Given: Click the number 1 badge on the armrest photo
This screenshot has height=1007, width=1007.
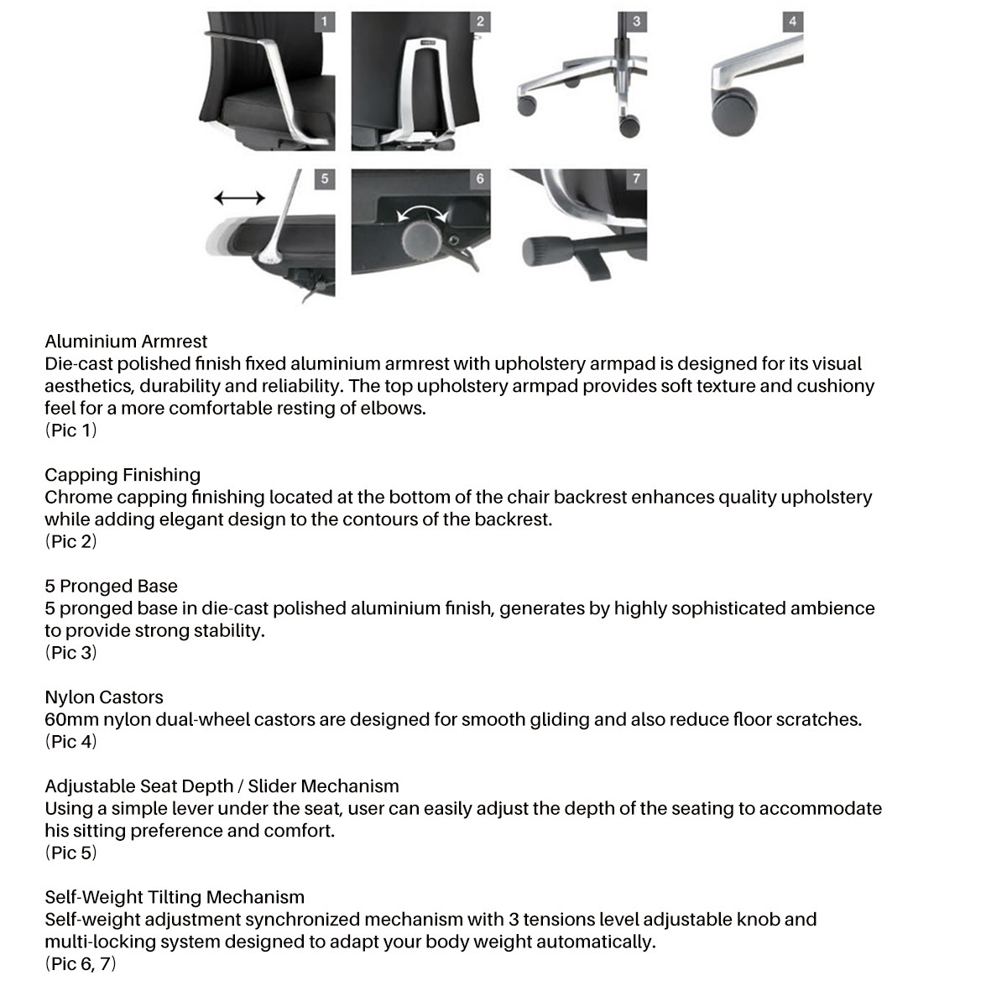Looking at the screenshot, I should tap(325, 22).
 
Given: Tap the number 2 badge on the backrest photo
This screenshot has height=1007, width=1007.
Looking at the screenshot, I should tap(480, 22).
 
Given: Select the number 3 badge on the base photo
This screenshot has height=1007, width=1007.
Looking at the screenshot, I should tap(636, 22).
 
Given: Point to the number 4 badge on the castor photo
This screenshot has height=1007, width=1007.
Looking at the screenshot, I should tap(792, 22).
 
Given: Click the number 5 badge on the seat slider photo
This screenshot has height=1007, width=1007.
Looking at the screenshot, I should tap(325, 179).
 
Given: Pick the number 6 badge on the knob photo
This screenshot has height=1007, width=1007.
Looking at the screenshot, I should tap(480, 179).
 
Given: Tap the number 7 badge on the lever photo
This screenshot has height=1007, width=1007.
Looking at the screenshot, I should tap(636, 179).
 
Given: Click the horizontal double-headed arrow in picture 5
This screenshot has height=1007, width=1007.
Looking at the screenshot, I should tap(239, 198).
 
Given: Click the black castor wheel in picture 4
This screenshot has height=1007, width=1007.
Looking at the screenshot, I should tap(733, 112).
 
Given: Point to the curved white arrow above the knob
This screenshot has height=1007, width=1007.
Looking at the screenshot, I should tap(422, 211).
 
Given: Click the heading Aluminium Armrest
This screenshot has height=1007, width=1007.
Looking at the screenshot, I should tap(126, 342).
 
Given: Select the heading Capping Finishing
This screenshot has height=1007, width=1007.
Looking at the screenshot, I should tap(123, 475).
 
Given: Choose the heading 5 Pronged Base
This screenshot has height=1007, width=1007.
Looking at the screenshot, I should tap(111, 586).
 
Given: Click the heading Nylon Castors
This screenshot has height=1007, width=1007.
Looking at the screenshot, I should tap(104, 697).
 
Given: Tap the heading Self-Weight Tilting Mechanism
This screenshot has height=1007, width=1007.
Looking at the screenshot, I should tap(175, 897).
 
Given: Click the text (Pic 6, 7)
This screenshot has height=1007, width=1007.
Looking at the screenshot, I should tap(81, 963).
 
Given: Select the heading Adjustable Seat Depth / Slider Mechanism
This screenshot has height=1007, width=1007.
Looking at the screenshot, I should tap(222, 786).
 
